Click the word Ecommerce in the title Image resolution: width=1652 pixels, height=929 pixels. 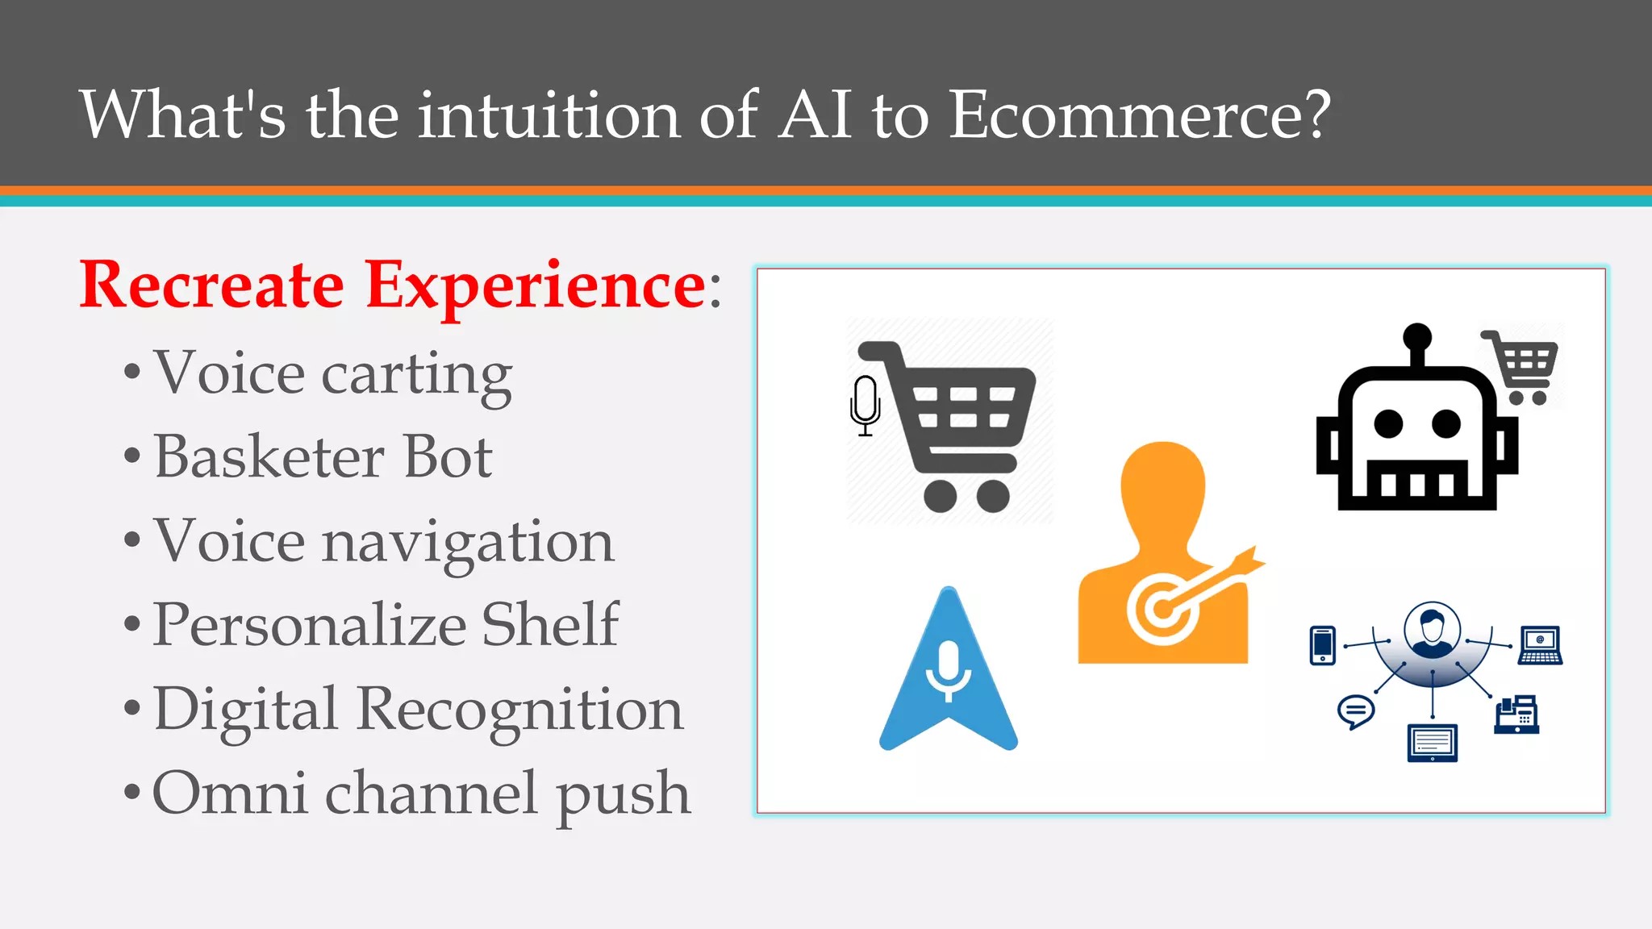click(1137, 115)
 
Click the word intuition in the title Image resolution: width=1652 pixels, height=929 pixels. click(549, 115)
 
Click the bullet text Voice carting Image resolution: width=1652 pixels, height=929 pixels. click(332, 373)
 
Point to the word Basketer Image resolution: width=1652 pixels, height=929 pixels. click(269, 457)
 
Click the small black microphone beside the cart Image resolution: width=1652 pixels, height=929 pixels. click(865, 403)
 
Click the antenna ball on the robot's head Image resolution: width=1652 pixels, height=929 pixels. click(1417, 336)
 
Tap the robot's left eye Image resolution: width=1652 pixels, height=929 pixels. click(1388, 423)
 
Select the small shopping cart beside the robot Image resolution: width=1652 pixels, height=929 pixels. click(1521, 366)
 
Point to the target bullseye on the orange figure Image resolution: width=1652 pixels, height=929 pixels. click(1162, 608)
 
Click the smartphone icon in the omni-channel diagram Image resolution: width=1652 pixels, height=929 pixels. click(1323, 645)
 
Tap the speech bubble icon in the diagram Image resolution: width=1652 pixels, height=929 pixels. click(1356, 711)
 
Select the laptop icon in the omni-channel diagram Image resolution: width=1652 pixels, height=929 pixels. click(1540, 645)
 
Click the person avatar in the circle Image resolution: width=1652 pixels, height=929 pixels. click(1432, 630)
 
